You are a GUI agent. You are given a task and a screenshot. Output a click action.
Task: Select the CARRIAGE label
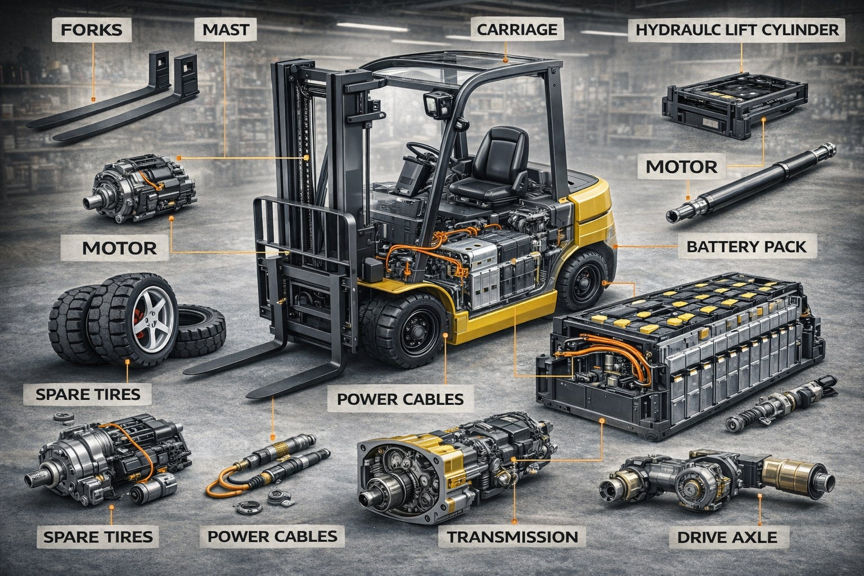pyautogui.click(x=516, y=30)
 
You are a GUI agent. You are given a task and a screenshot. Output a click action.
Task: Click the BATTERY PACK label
pyautogui.click(x=746, y=246)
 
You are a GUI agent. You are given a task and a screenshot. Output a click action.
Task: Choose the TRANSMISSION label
pyautogui.click(x=512, y=536)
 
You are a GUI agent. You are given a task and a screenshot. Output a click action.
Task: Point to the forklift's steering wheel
pyautogui.click(x=422, y=150)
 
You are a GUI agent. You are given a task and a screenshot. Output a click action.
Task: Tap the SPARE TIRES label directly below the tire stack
pyautogui.click(x=88, y=393)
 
